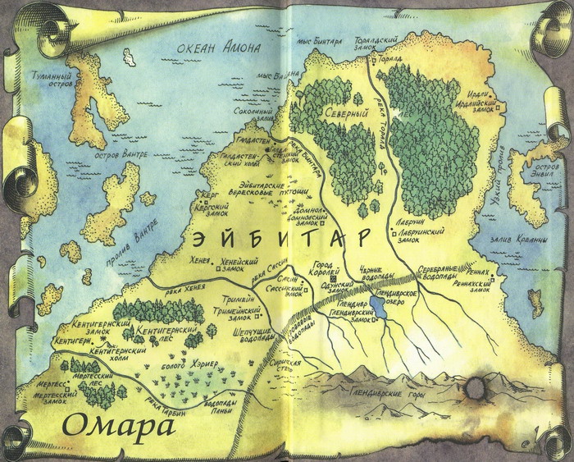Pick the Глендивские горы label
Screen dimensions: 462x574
click(x=385, y=394)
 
